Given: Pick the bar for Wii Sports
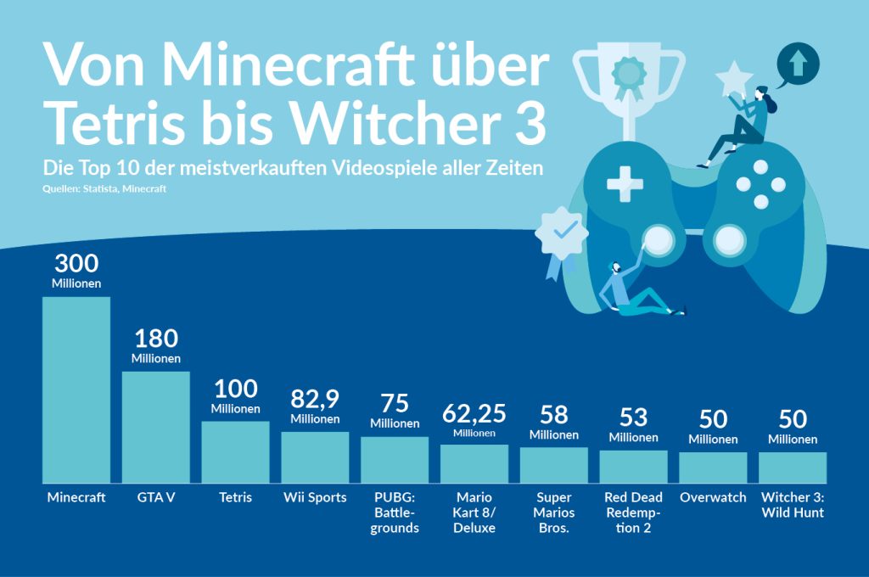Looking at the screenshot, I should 315,457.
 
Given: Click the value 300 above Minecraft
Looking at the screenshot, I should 76,264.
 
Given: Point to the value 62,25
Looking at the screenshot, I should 474,413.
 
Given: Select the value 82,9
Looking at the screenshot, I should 315,399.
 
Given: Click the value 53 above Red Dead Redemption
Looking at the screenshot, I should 633,417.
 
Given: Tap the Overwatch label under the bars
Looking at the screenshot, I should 713,497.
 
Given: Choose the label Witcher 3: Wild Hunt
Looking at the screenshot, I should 793,505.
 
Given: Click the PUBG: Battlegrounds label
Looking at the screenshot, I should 395,513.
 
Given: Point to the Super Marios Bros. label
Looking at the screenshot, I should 553,513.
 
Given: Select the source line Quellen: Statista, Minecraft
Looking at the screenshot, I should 104,188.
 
